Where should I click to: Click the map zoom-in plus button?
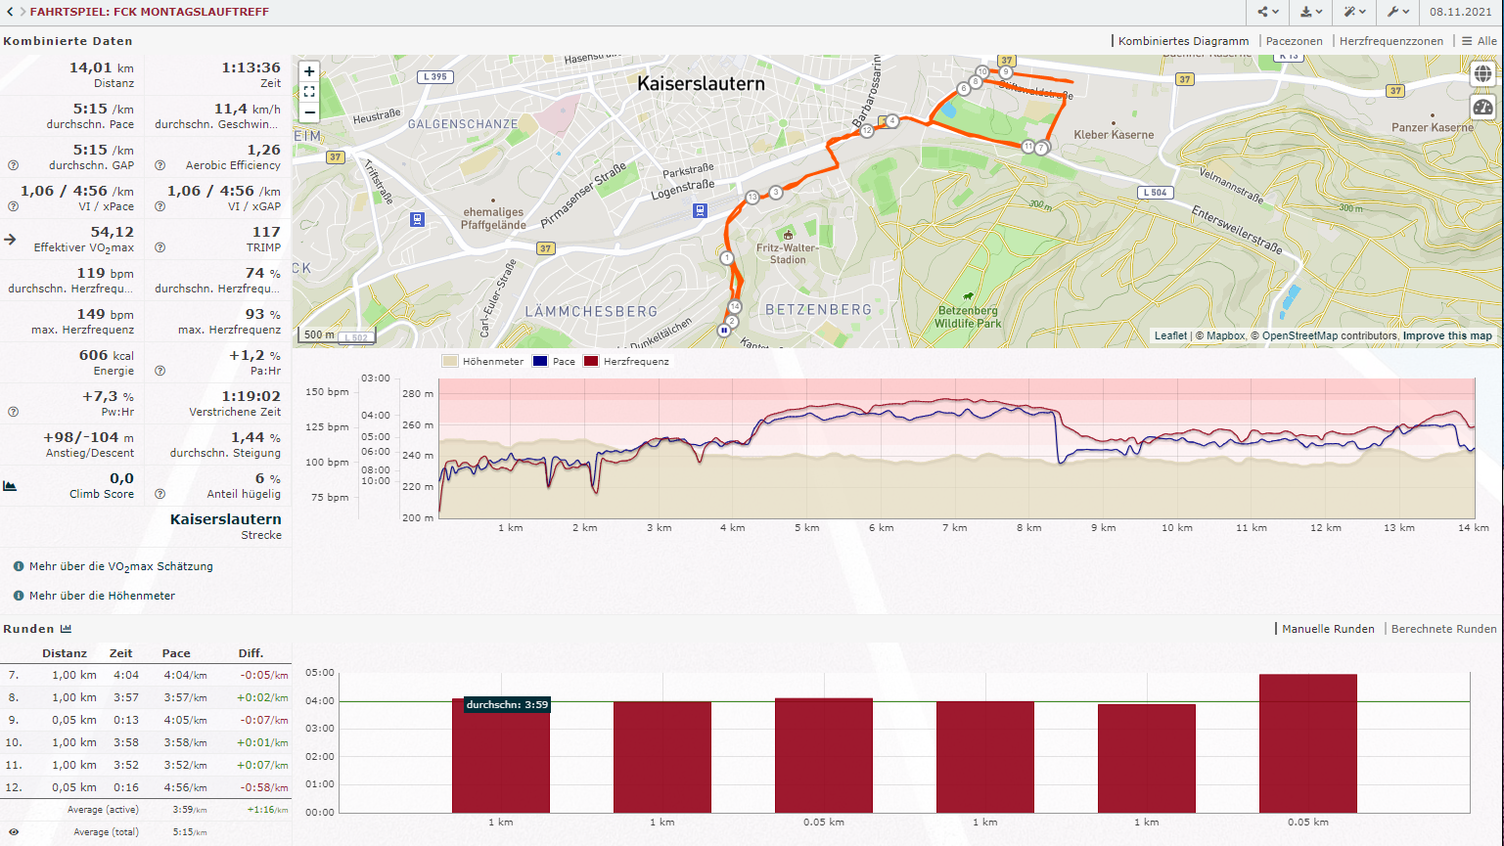click(309, 71)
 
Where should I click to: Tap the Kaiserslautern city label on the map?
click(701, 84)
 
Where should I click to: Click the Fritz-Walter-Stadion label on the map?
click(788, 253)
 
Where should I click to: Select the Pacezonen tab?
click(1294, 41)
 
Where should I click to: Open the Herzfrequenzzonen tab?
click(1390, 41)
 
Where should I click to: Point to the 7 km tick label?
click(954, 528)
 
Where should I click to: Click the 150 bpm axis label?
click(327, 392)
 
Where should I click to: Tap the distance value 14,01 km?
click(101, 67)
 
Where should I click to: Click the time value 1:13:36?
click(251, 67)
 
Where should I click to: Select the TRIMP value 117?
click(266, 232)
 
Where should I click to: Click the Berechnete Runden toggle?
click(1443, 629)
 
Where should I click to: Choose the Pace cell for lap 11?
click(185, 765)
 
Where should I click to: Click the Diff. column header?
click(251, 653)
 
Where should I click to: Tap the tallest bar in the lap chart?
click(1307, 743)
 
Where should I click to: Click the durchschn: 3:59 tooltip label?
click(507, 705)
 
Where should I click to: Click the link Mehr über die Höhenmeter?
click(102, 596)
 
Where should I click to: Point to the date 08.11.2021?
click(1460, 12)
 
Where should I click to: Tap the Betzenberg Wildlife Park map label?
click(968, 317)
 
